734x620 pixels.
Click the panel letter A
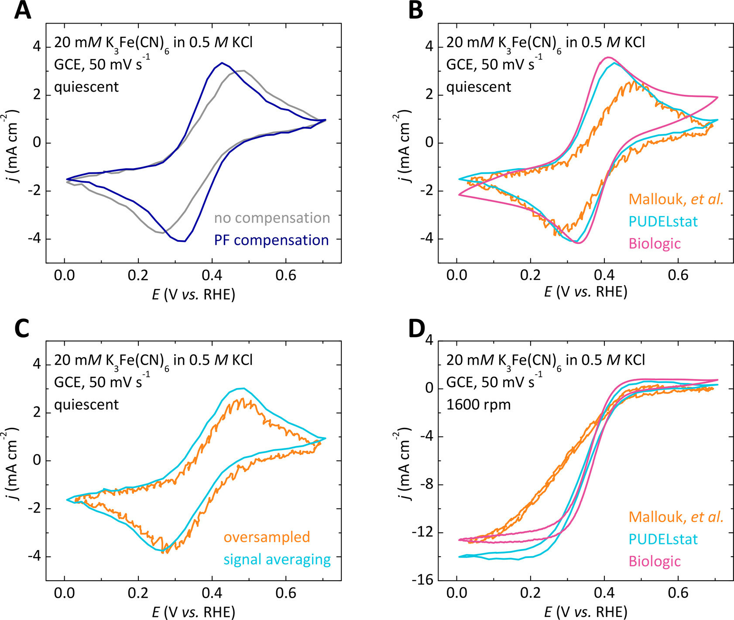23,10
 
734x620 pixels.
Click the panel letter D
416,328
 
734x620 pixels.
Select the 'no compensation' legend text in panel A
272,218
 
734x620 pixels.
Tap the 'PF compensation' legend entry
271,240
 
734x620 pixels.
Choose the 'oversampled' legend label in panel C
267,537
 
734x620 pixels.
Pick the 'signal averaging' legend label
277,559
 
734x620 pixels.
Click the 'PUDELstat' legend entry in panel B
663,221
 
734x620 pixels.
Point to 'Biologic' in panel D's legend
655,561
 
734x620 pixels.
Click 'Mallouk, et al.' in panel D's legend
676,517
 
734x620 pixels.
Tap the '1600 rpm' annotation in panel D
478,405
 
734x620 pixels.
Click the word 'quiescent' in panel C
86,405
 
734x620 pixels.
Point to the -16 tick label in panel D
422,580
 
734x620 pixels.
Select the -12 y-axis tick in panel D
422,532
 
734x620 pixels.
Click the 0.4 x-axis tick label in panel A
212,276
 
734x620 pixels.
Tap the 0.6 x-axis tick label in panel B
678,276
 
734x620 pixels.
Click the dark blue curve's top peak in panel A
222,63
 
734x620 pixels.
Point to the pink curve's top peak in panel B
608,57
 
